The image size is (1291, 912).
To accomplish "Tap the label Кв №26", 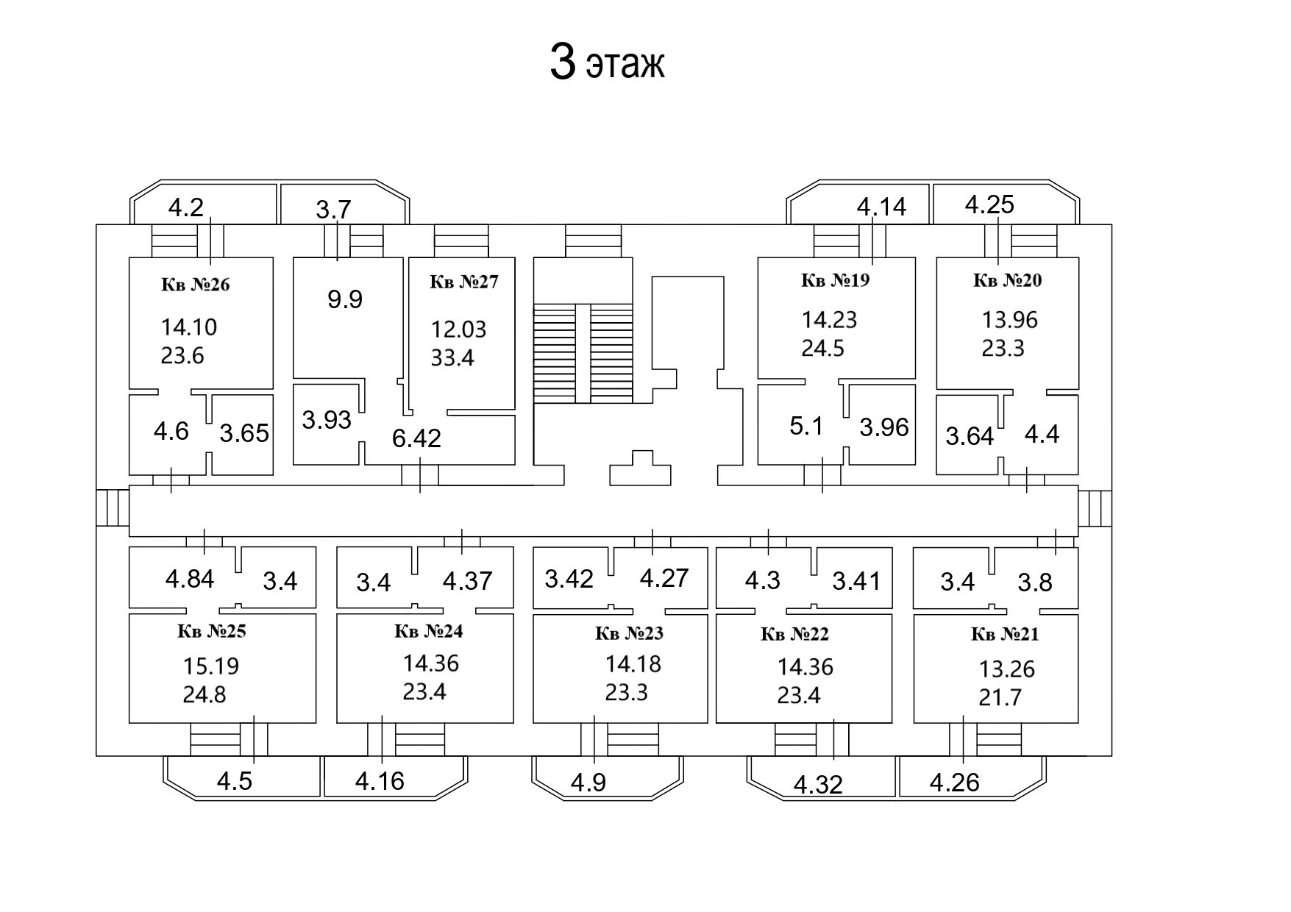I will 195,285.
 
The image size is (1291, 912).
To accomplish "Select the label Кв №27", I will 463,282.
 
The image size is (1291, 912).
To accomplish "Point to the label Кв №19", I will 835,280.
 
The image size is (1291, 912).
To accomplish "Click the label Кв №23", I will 629,633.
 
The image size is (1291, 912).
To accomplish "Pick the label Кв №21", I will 1005,634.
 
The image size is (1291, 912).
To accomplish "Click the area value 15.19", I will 211,666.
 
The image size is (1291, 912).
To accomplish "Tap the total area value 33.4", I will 452,358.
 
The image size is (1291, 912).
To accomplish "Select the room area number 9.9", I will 345,300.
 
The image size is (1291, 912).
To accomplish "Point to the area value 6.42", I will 416,438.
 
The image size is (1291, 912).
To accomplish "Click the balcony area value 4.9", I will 588,783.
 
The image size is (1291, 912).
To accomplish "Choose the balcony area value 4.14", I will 881,207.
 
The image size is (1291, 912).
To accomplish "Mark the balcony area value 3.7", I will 333,210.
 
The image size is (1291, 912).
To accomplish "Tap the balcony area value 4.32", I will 818,785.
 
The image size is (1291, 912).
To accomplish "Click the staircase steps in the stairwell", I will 582,353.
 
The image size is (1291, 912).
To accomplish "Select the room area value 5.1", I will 806,426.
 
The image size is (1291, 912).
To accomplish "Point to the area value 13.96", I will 1009,320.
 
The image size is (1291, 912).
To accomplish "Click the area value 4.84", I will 190,580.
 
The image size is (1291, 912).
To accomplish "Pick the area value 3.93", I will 327,420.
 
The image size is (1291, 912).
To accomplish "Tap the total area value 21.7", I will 1000,697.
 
